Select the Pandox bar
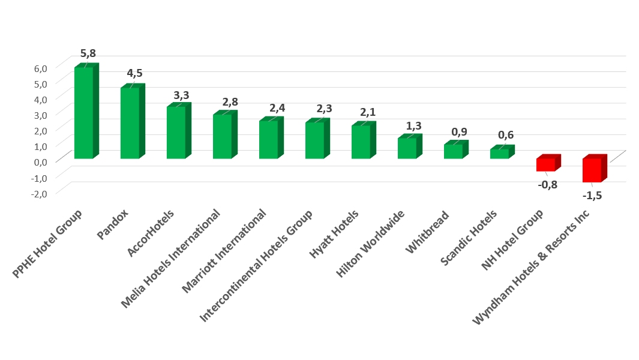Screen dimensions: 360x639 (x=130, y=123)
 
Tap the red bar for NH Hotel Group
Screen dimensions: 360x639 (x=545, y=164)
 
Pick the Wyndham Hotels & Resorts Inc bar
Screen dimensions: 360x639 (x=592, y=170)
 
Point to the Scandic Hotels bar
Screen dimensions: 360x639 (x=499, y=154)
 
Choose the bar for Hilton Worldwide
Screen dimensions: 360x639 (x=407, y=148)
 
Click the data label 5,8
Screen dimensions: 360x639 (x=88, y=53)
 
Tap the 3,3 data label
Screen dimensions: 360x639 (x=181, y=95)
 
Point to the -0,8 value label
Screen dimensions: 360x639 (x=547, y=184)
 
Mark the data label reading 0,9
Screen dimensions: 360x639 (x=458, y=131)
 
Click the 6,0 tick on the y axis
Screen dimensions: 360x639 (x=40, y=68)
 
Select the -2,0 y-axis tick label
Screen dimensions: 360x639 (x=38, y=193)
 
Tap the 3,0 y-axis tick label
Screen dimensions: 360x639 (x=40, y=115)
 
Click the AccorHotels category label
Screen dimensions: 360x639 (x=152, y=233)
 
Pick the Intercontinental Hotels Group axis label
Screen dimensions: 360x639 (x=257, y=265)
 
